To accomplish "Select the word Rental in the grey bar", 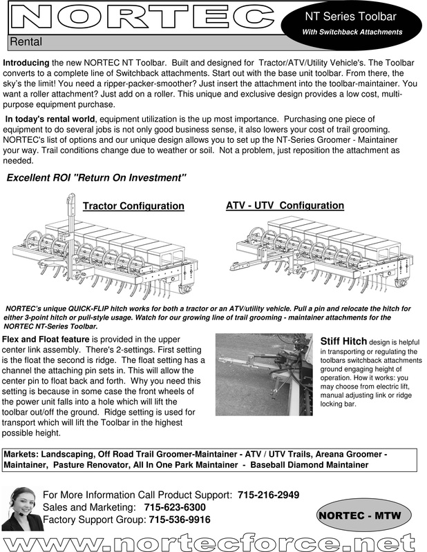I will click(x=26, y=43).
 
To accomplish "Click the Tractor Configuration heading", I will click(x=133, y=206).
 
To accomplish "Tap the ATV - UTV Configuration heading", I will click(x=285, y=206).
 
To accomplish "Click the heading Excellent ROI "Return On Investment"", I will click(x=97, y=178).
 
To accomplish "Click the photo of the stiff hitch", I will click(x=265, y=371).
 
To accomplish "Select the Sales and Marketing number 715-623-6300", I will click(x=175, y=507).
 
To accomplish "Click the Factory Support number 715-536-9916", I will click(x=180, y=520).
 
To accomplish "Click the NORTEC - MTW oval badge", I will click(x=364, y=515).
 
